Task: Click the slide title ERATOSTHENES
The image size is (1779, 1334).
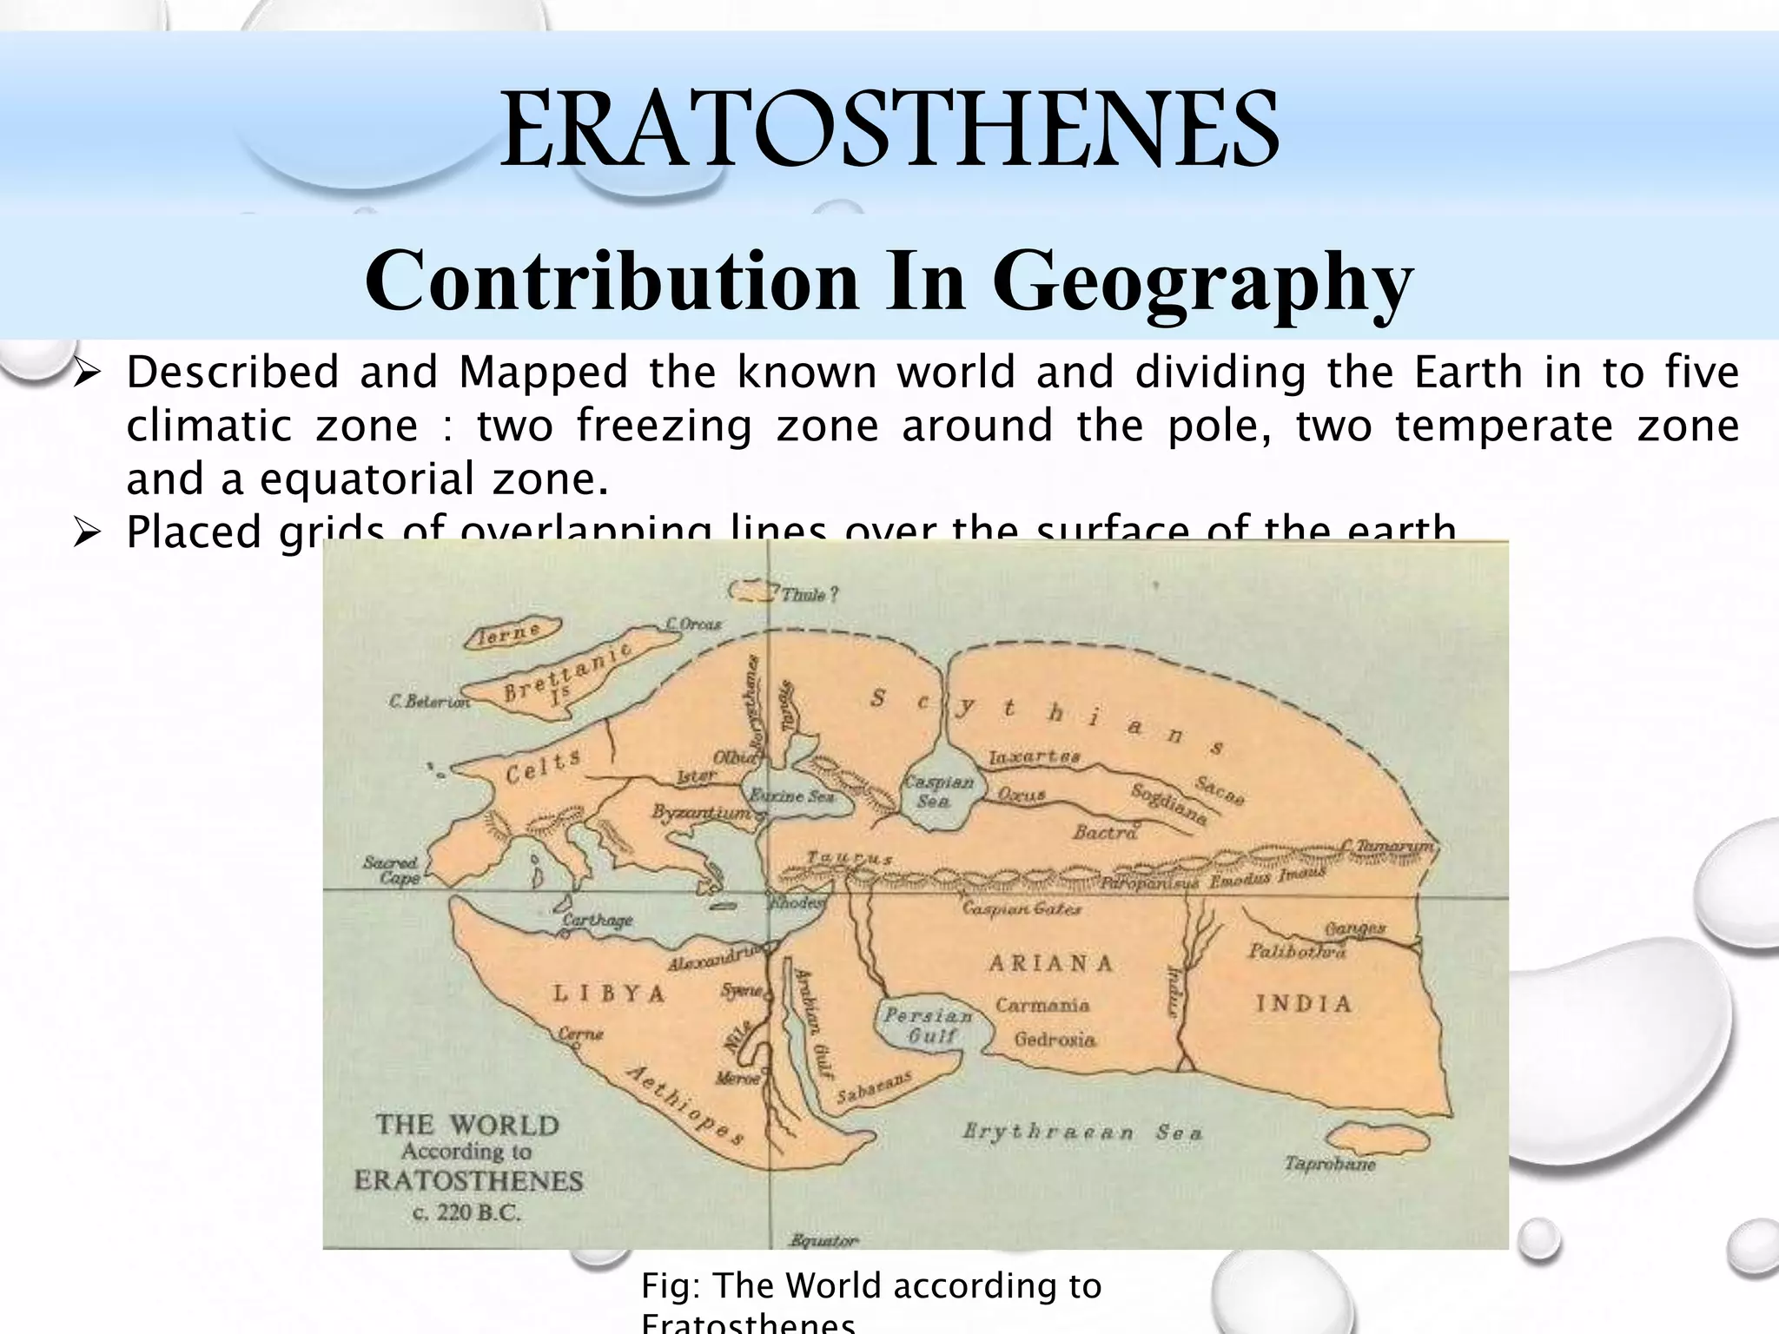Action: pos(889,130)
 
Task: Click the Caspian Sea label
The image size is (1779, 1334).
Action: pos(934,790)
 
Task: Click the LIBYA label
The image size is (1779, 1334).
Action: pos(610,994)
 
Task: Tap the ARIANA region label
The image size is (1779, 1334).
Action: pos(1051,962)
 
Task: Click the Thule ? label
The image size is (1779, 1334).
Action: pos(810,595)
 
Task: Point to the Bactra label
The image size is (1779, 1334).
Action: pos(1105,832)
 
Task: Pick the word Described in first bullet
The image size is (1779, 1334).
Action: pos(233,373)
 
